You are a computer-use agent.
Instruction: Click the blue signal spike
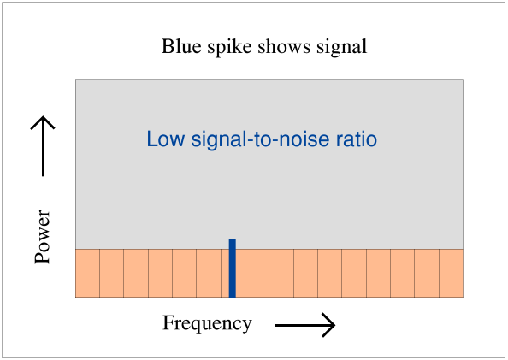[233, 268]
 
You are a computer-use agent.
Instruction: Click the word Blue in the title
[181, 46]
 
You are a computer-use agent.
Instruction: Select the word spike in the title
[229, 47]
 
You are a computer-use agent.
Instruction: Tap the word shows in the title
[284, 46]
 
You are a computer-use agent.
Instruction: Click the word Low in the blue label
[166, 139]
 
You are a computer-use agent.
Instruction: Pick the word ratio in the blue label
[357, 139]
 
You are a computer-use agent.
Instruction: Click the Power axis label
[43, 237]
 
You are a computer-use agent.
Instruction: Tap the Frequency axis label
[207, 323]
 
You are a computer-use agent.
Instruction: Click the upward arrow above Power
[43, 146]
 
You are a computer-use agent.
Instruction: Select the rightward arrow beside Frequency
[304, 325]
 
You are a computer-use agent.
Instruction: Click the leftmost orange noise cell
[87, 273]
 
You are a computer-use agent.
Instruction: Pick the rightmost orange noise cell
[452, 273]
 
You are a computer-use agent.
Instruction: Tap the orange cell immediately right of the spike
[257, 273]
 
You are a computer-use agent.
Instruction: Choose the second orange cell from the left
[111, 273]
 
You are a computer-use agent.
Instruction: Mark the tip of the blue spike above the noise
[233, 239]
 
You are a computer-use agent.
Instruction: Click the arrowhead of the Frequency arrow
[334, 325]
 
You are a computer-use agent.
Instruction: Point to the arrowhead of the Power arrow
[43, 116]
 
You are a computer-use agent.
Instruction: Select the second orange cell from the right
[427, 273]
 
